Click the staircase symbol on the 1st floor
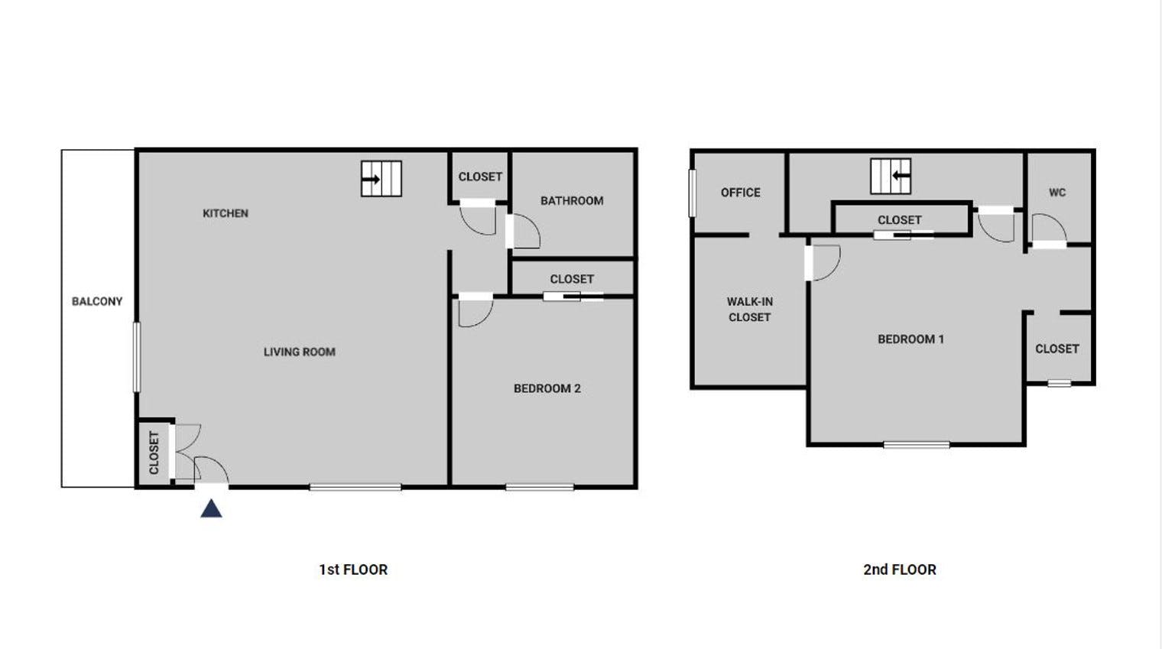coord(381,179)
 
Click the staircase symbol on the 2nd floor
coord(891,176)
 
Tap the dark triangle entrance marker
coord(211,508)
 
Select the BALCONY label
coord(97,301)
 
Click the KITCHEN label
coord(225,213)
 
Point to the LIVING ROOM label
coord(299,352)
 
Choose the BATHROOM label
coord(572,200)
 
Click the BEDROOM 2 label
coord(547,388)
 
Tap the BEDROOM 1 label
coord(910,339)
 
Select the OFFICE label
coord(740,193)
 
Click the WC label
coord(1057,193)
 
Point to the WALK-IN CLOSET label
coord(749,310)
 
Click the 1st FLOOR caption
coord(353,569)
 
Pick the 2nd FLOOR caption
coord(899,569)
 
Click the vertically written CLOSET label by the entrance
coord(154,453)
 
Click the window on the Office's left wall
coord(693,193)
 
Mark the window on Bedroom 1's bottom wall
coord(916,444)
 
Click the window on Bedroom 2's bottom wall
coord(540,487)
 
